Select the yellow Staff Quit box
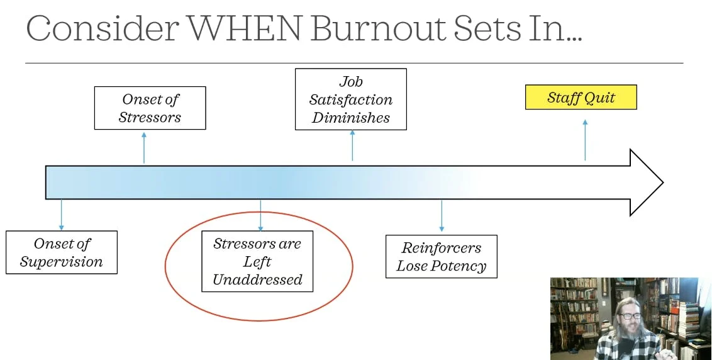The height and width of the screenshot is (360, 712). pyautogui.click(x=581, y=98)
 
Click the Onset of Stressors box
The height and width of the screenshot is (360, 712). pyautogui.click(x=150, y=108)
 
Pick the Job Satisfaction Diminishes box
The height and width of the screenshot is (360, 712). pyautogui.click(x=350, y=99)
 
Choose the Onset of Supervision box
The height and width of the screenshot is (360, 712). pyautogui.click(x=61, y=252)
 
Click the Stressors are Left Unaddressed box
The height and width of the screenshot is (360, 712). pyautogui.click(x=257, y=261)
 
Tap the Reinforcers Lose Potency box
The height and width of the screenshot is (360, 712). pyautogui.click(x=441, y=256)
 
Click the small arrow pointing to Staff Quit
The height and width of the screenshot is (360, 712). pyautogui.click(x=585, y=140)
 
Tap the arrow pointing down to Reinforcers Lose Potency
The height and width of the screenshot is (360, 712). pyautogui.click(x=441, y=216)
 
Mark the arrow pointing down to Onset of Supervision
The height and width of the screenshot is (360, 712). pyautogui.click(x=61, y=215)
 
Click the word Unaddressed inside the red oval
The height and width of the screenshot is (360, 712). pyautogui.click(x=257, y=280)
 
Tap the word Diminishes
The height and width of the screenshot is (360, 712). pyautogui.click(x=350, y=118)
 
